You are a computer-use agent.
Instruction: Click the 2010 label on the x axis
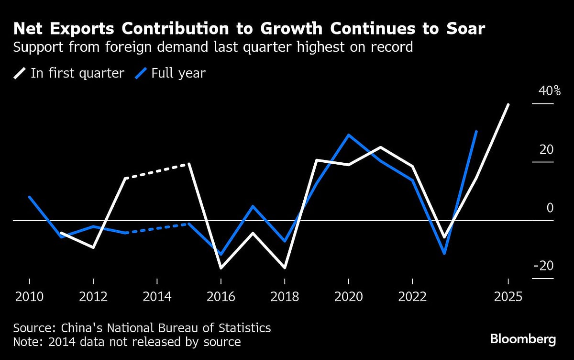(x=29, y=297)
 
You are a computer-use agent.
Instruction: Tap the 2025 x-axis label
(x=508, y=297)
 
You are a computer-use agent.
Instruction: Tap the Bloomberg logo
(x=523, y=340)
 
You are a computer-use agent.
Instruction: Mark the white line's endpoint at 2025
(x=508, y=104)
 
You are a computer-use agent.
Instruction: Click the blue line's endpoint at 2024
(x=476, y=131)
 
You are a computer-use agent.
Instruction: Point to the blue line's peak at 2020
(x=349, y=135)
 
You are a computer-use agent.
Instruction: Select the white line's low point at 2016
(x=221, y=268)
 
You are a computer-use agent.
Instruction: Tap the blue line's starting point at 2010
(x=29, y=197)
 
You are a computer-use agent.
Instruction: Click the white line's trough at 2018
(x=285, y=268)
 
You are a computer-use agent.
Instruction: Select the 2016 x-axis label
(x=221, y=297)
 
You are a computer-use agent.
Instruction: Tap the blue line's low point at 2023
(x=444, y=253)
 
